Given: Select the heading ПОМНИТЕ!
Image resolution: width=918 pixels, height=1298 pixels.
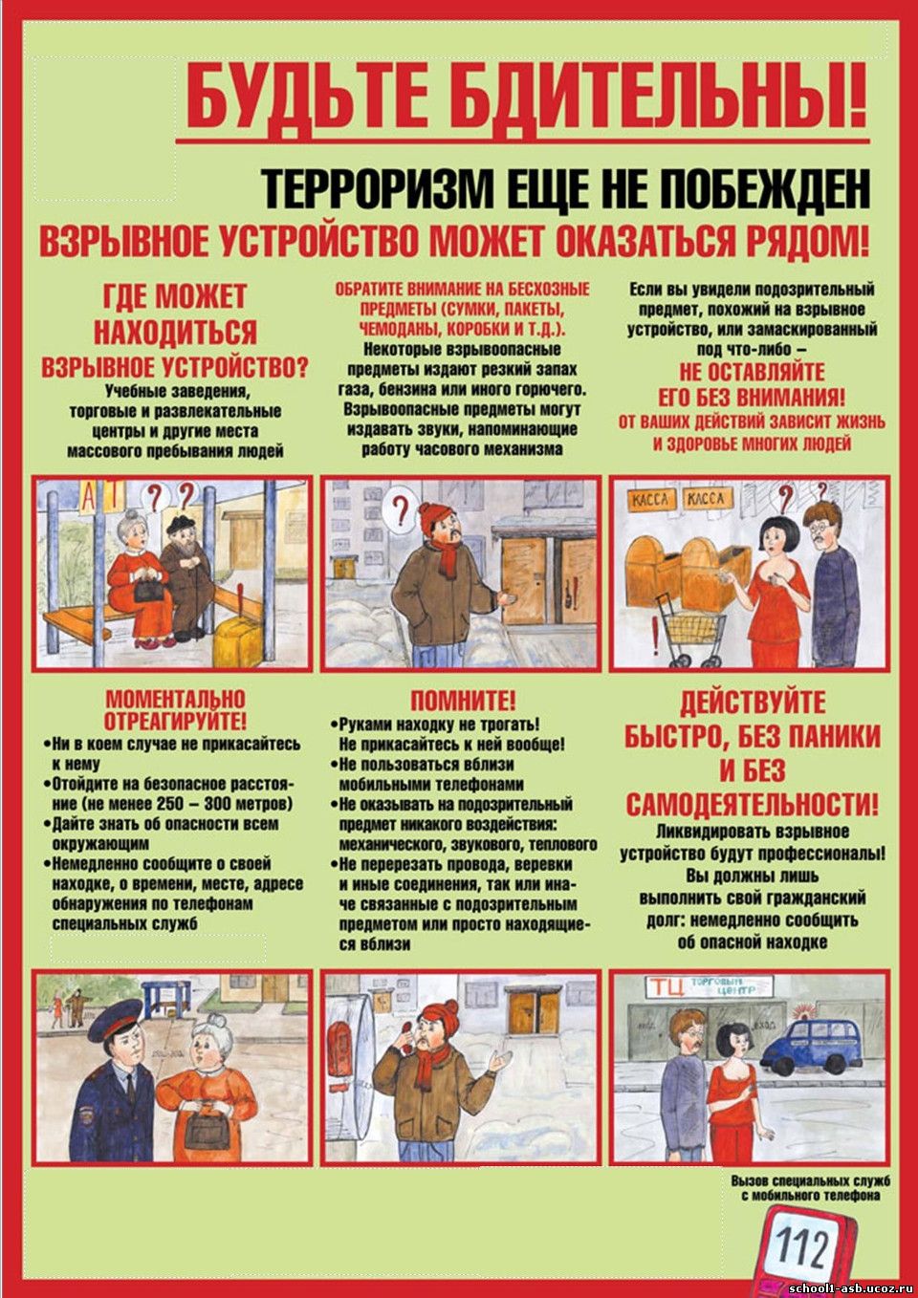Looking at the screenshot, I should pyautogui.click(x=463, y=702).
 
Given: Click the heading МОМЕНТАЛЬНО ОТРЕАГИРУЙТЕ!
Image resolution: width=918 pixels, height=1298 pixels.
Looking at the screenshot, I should pyautogui.click(x=175, y=709).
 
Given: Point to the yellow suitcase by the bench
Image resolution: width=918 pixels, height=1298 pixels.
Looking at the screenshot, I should pyautogui.click(x=236, y=640).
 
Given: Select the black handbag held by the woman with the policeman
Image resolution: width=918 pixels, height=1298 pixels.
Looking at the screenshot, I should pyautogui.click(x=206, y=1131).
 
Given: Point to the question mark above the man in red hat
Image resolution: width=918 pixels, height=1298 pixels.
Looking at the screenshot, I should pyautogui.click(x=401, y=505).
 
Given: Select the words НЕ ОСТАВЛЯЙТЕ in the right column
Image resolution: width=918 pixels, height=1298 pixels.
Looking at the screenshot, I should pyautogui.click(x=752, y=372).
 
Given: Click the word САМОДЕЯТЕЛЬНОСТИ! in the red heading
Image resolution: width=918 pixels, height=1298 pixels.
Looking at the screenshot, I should pyautogui.click(x=752, y=804).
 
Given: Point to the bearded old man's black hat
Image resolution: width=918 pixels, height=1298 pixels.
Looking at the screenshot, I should pyautogui.click(x=179, y=524).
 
